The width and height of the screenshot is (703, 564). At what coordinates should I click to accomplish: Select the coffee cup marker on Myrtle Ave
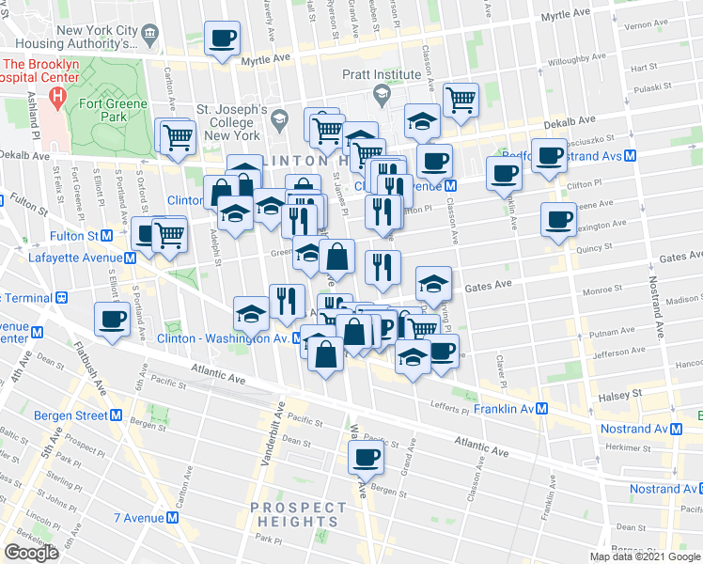pyautogui.click(x=224, y=39)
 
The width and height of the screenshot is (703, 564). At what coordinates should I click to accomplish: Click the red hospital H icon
pyautogui.click(x=58, y=96)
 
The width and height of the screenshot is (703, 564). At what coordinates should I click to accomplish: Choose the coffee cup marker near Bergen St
pyautogui.click(x=367, y=458)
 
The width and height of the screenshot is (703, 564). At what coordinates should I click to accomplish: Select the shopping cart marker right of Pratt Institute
pyautogui.click(x=461, y=99)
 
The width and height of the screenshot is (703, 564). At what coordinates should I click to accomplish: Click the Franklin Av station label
pyautogui.click(x=504, y=409)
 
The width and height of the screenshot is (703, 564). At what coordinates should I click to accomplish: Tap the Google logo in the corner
pyautogui.click(x=31, y=553)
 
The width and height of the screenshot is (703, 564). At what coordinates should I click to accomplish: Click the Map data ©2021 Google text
pyautogui.click(x=646, y=556)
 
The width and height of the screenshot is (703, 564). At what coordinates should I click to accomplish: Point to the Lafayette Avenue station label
pyautogui.click(x=75, y=258)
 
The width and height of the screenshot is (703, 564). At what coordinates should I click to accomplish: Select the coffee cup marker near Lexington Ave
pyautogui.click(x=558, y=220)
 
